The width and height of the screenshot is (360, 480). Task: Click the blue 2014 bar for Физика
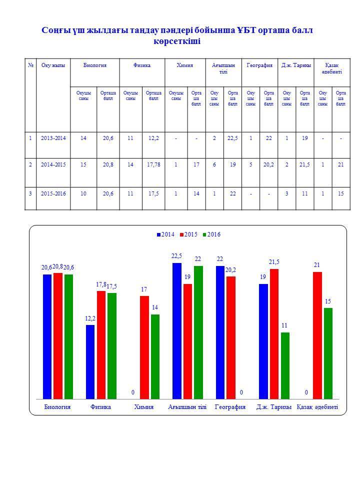point(90,362)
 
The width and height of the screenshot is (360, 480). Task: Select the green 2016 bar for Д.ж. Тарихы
point(285,366)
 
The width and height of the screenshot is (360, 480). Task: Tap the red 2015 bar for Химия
point(144,347)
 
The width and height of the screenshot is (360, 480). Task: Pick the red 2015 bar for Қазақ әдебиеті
point(317,335)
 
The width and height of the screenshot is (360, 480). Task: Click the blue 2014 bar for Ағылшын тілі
point(177,331)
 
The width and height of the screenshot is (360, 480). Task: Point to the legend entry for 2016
point(211,234)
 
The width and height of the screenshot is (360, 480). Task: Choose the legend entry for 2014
point(165,234)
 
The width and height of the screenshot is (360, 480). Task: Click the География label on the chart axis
point(230,407)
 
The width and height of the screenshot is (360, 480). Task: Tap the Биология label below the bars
point(57,407)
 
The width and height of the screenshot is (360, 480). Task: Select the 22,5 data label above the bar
point(176,256)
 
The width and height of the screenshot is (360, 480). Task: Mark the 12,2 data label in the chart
point(90,318)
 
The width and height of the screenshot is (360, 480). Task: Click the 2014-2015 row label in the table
point(53,164)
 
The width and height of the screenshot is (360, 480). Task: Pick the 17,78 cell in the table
point(153,164)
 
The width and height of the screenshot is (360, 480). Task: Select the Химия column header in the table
point(185,65)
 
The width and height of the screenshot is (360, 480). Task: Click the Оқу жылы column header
point(53,65)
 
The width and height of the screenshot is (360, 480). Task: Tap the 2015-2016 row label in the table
point(53,194)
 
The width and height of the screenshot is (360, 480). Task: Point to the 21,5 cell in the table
point(304,164)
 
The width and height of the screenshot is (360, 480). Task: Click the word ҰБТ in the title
point(246,30)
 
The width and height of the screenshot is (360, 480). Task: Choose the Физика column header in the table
point(142,65)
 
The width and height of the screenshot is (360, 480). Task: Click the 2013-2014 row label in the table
point(53,138)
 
